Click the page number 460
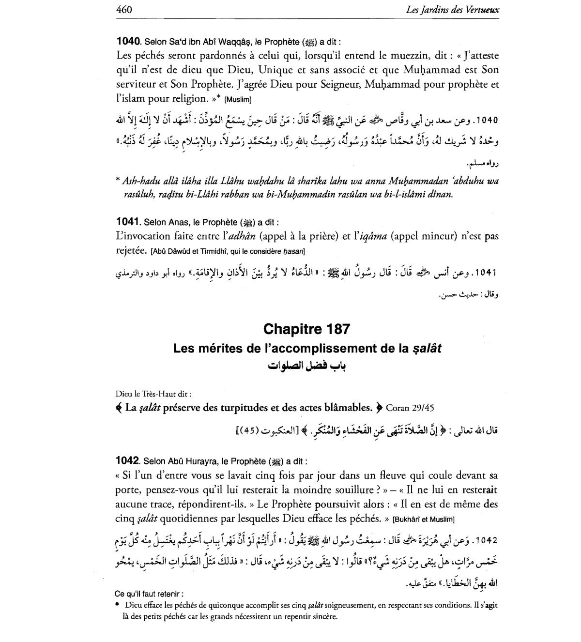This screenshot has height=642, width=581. click(x=124, y=9)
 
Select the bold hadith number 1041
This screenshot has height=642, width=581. click(x=128, y=222)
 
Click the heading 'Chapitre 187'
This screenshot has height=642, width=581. click(x=306, y=329)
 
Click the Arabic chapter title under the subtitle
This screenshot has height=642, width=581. click(x=306, y=365)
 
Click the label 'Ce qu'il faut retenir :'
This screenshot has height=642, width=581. click(x=149, y=594)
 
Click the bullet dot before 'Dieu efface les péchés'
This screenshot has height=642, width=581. click(x=118, y=605)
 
